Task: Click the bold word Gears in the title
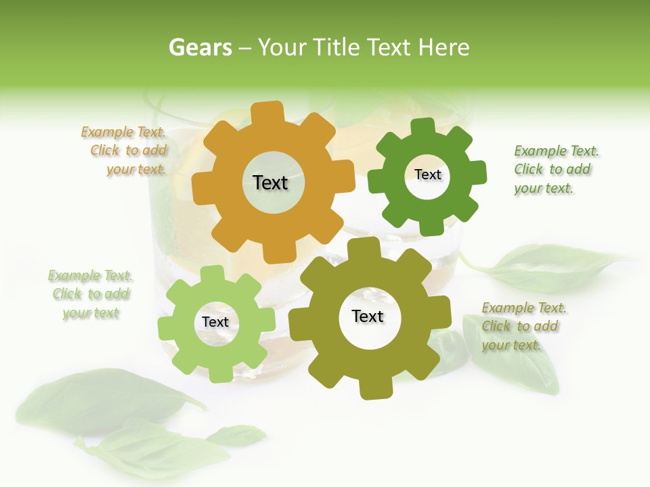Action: coord(200,47)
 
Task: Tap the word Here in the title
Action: coord(444,47)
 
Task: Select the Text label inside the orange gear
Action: coord(270,183)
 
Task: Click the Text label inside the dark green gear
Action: coord(427,175)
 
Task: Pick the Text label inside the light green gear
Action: coord(215,322)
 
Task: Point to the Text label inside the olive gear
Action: coord(368,316)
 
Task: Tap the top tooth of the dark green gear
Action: coord(423,126)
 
